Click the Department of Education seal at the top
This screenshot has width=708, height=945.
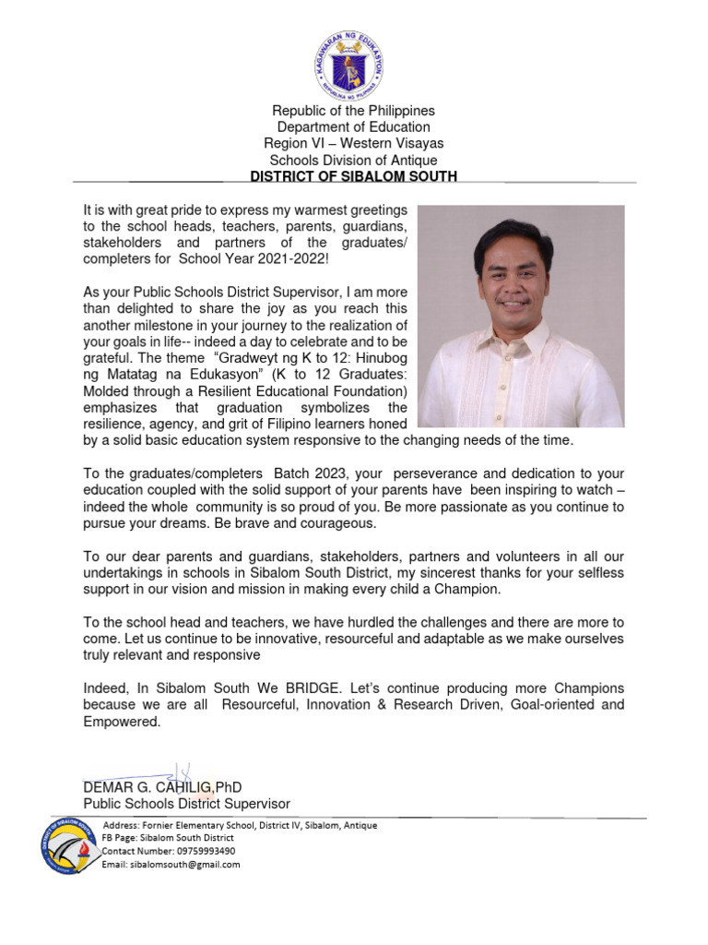point(353,59)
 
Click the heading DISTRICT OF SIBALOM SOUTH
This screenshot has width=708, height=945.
point(353,176)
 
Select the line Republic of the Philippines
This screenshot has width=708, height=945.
point(353,111)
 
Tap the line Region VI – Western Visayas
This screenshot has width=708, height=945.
point(353,143)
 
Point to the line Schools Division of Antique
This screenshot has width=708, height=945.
point(353,160)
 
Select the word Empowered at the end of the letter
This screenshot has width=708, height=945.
point(122,722)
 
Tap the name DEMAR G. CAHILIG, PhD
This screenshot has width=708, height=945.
point(162,787)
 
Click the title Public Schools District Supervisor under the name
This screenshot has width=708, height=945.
point(186,805)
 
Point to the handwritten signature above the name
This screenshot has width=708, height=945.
point(175,772)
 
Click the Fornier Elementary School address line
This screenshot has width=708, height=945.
point(240,825)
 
